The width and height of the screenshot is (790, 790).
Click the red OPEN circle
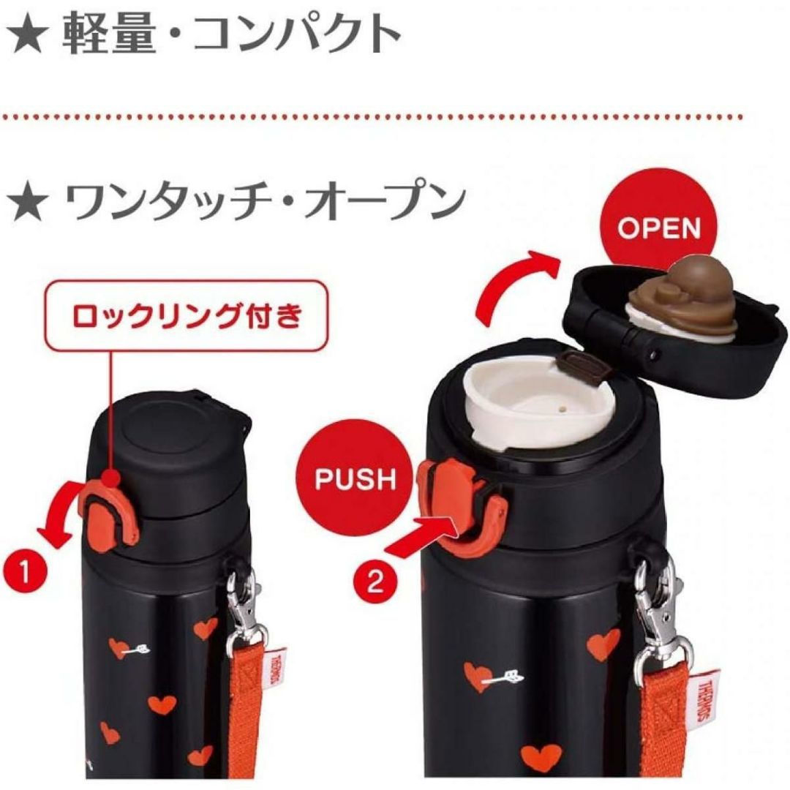click(x=658, y=227)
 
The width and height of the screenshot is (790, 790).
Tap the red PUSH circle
click(x=356, y=479)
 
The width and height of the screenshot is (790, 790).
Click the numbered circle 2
click(x=375, y=582)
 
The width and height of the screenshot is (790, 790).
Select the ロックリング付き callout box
click(x=187, y=315)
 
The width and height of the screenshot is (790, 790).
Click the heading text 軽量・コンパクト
click(x=231, y=33)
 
